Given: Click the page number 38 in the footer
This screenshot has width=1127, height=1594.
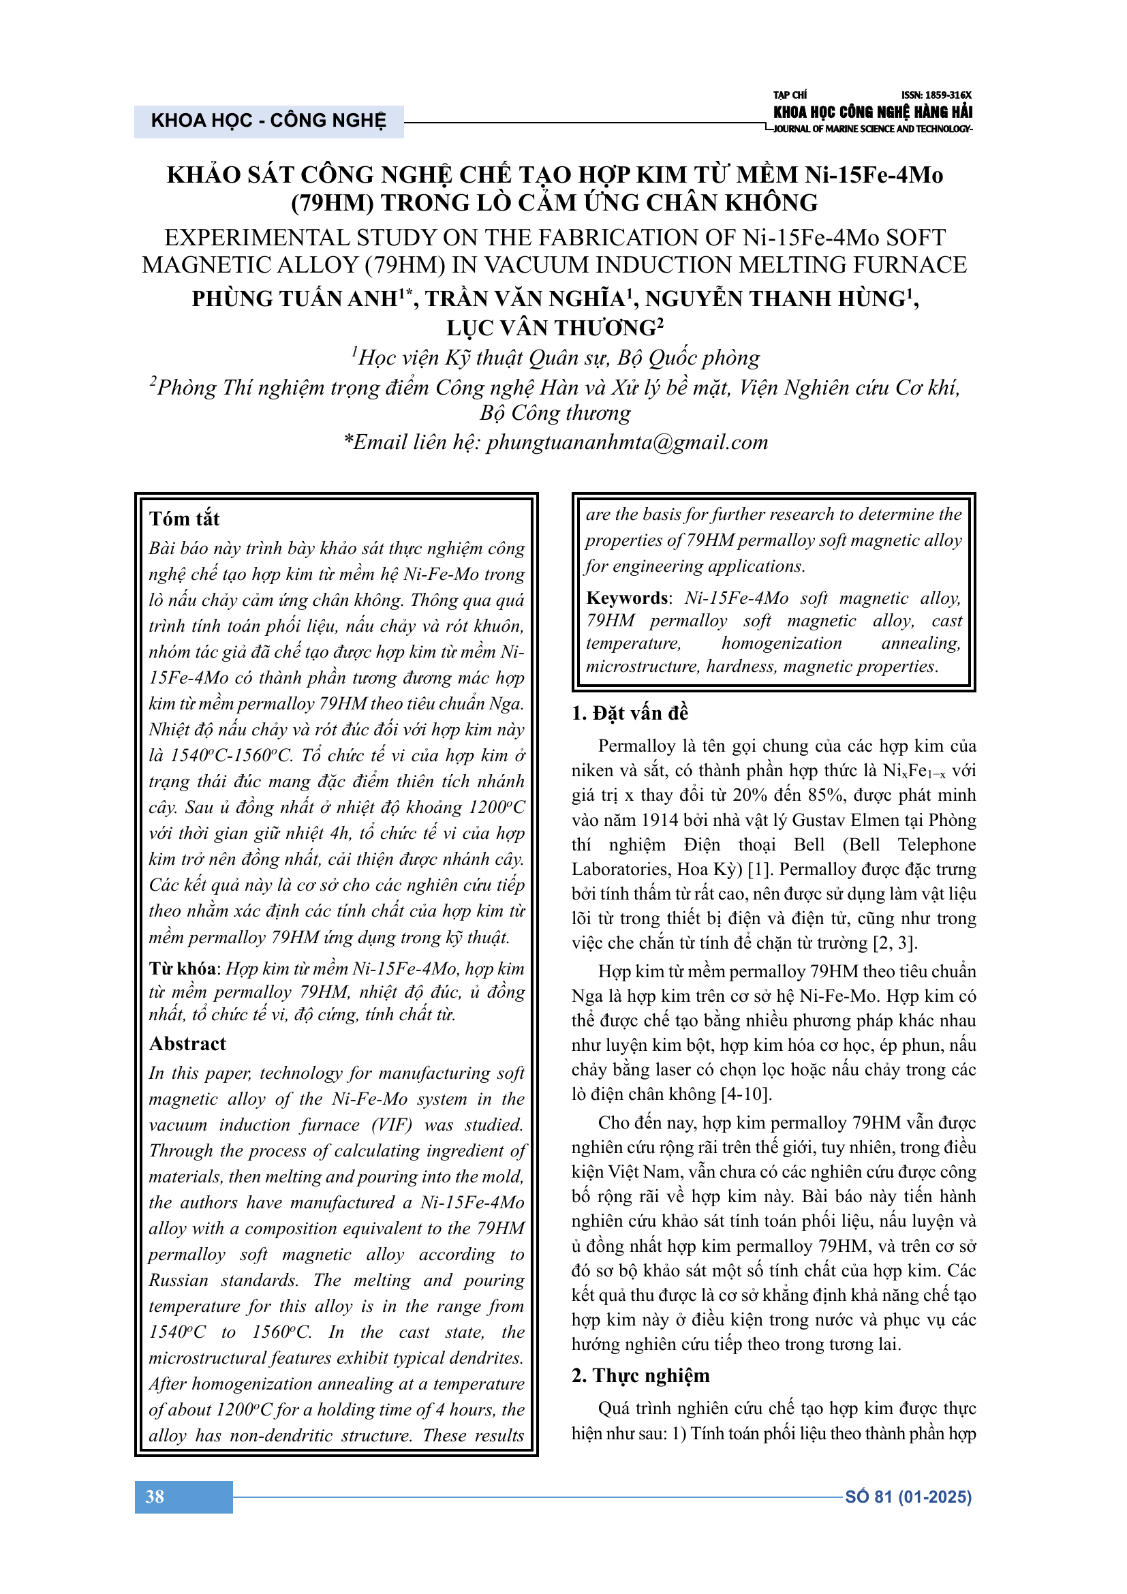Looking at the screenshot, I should click(x=155, y=1497).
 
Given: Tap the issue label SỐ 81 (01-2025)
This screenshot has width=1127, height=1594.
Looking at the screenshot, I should click(x=908, y=1497).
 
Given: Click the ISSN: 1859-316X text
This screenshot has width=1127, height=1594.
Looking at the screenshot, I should click(x=936, y=95).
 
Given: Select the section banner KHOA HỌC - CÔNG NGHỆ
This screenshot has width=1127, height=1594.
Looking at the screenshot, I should click(x=268, y=121).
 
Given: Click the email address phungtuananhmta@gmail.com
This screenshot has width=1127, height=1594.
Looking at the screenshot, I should click(x=627, y=442).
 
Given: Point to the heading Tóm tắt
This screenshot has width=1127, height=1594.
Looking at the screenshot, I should click(x=184, y=519).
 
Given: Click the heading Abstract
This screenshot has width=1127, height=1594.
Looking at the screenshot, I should click(x=187, y=1043).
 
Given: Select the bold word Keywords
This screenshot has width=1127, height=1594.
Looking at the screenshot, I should click(x=628, y=598).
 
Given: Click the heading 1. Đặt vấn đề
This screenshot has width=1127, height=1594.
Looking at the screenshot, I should click(x=630, y=713).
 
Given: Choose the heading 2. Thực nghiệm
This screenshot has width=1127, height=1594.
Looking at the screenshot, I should click(x=640, y=1375).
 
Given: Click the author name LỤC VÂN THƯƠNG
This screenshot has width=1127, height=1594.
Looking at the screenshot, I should click(x=552, y=328).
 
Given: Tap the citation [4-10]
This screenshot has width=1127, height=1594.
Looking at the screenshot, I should click(x=747, y=1094).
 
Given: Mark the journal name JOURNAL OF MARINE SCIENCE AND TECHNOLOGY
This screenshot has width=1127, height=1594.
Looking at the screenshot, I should click(x=872, y=129).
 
